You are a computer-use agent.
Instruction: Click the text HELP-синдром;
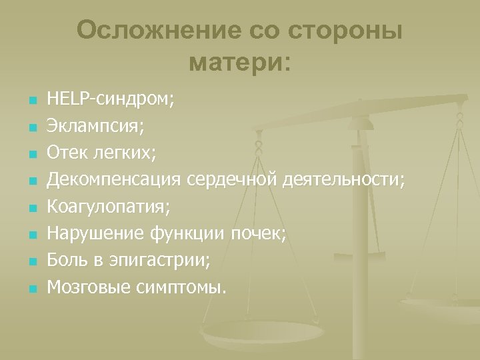click(110, 101)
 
